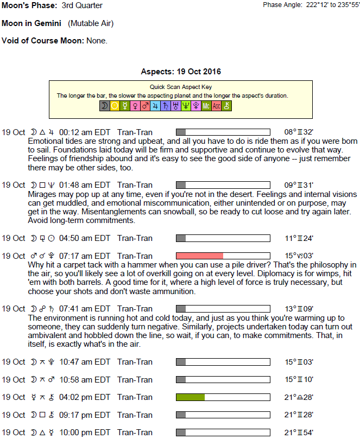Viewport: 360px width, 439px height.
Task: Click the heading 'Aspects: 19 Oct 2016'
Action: click(180, 72)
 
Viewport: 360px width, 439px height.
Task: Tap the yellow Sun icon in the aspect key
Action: click(115, 106)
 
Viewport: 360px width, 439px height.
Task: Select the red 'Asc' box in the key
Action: click(216, 106)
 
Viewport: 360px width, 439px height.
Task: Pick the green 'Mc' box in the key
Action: click(206, 106)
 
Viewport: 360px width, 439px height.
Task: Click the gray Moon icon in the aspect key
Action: click(104, 106)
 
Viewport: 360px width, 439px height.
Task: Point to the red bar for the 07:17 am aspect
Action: click(199, 256)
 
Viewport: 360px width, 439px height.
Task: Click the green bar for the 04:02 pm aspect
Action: click(190, 397)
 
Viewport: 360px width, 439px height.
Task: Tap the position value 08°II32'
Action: click(298, 132)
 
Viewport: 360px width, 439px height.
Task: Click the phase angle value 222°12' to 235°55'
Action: click(324, 5)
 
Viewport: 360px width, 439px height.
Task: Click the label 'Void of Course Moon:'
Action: click(43, 41)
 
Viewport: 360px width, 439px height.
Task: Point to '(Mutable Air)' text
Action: click(91, 23)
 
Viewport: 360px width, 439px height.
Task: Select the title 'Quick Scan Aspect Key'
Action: click(180, 87)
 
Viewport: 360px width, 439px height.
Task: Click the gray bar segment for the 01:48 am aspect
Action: click(181, 185)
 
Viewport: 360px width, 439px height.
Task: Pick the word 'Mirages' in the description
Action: click(42, 194)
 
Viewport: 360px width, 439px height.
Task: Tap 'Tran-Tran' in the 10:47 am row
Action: click(135, 362)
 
